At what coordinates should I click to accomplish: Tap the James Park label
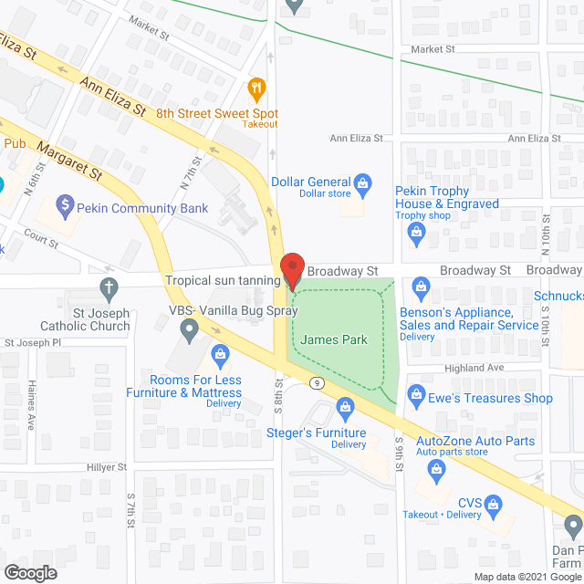(334, 340)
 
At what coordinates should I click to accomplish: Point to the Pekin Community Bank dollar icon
(65, 204)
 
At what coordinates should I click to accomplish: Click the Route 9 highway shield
(315, 381)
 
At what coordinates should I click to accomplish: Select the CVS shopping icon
(493, 503)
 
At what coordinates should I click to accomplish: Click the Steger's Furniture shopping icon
(344, 405)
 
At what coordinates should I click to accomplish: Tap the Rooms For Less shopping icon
(219, 353)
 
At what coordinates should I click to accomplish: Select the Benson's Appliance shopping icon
(421, 287)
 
